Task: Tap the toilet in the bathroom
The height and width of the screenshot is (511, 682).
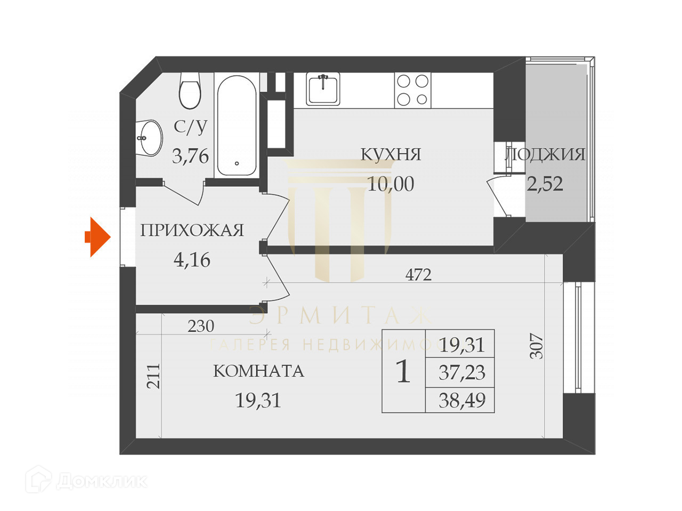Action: pyautogui.click(x=190, y=90)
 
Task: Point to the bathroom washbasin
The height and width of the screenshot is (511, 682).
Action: pyautogui.click(x=149, y=138)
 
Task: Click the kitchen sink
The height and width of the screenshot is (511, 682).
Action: pyautogui.click(x=323, y=89)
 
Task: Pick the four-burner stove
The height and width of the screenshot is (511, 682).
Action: pyautogui.click(x=412, y=90)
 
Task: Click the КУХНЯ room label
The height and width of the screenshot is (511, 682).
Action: pyautogui.click(x=391, y=154)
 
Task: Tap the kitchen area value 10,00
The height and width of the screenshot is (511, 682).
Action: pyautogui.click(x=391, y=184)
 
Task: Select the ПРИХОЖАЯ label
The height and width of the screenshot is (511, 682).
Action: pyautogui.click(x=192, y=230)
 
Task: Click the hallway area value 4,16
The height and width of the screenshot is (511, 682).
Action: pyautogui.click(x=192, y=260)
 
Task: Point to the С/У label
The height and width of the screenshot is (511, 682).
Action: pyautogui.click(x=190, y=127)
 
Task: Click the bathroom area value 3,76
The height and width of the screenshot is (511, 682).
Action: pyautogui.click(x=190, y=156)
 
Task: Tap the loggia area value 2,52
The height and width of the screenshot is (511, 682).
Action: pyautogui.click(x=545, y=184)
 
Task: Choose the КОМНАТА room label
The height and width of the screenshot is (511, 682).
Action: pyautogui.click(x=258, y=371)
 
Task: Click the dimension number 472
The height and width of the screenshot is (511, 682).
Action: pyautogui.click(x=418, y=275)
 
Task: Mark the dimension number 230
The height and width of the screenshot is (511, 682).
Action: pyautogui.click(x=201, y=326)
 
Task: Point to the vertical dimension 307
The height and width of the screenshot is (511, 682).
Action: pyautogui.click(x=537, y=346)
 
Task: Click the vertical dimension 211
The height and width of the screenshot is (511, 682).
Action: pyautogui.click(x=153, y=376)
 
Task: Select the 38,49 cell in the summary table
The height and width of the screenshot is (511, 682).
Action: pyautogui.click(x=461, y=400)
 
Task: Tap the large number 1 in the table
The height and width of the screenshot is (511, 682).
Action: pyautogui.click(x=403, y=372)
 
